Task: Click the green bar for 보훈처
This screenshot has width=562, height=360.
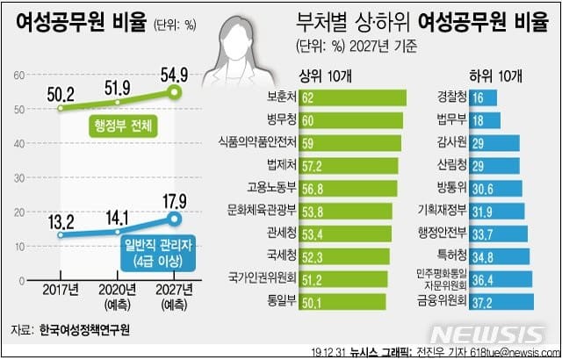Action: click(x=352, y=97)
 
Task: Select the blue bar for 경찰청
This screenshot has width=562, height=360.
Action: click(x=483, y=97)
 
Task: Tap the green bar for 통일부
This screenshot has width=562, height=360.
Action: click(x=342, y=302)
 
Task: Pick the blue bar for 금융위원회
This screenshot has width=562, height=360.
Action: click(x=501, y=302)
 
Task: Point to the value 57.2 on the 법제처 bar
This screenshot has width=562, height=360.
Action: click(x=313, y=166)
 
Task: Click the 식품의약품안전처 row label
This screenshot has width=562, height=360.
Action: click(x=257, y=142)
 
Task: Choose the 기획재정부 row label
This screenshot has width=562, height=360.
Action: click(x=443, y=211)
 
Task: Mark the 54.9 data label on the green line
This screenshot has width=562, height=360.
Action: click(x=174, y=76)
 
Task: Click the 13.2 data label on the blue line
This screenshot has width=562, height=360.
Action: click(x=61, y=223)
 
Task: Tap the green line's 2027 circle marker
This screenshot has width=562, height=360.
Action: click(x=174, y=92)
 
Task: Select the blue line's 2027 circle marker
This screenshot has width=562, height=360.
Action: click(x=174, y=219)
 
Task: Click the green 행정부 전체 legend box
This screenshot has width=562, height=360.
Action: click(x=123, y=126)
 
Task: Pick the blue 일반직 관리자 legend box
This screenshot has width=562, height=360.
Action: click(x=158, y=254)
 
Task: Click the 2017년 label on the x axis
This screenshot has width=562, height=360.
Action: click(x=61, y=290)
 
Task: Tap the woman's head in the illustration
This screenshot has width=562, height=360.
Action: click(x=237, y=39)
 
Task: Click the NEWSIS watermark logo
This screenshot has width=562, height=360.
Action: click(x=488, y=335)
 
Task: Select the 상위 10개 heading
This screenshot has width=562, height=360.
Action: click(x=325, y=76)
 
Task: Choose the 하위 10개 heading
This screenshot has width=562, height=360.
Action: click(x=495, y=76)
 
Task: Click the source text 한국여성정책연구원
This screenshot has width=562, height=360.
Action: click(x=84, y=330)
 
